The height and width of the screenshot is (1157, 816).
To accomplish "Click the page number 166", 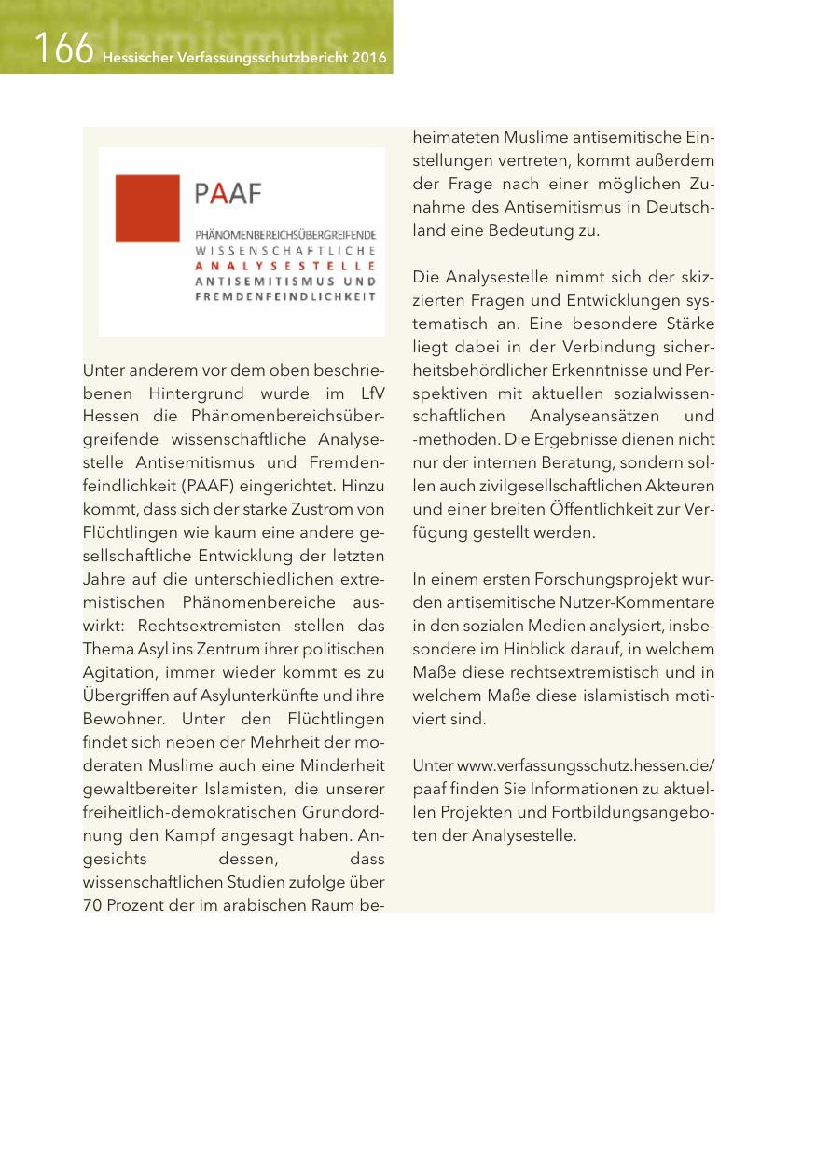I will point(63,48).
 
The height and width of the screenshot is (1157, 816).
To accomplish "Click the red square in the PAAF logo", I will point(146,208).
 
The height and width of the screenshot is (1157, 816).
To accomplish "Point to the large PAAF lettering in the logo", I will point(229,194).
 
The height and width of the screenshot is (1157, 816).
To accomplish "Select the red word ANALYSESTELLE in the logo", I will point(285,266).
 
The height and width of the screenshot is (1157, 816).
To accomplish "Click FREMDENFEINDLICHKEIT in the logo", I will point(284,297).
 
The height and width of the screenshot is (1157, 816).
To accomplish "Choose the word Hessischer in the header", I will point(133,59).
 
